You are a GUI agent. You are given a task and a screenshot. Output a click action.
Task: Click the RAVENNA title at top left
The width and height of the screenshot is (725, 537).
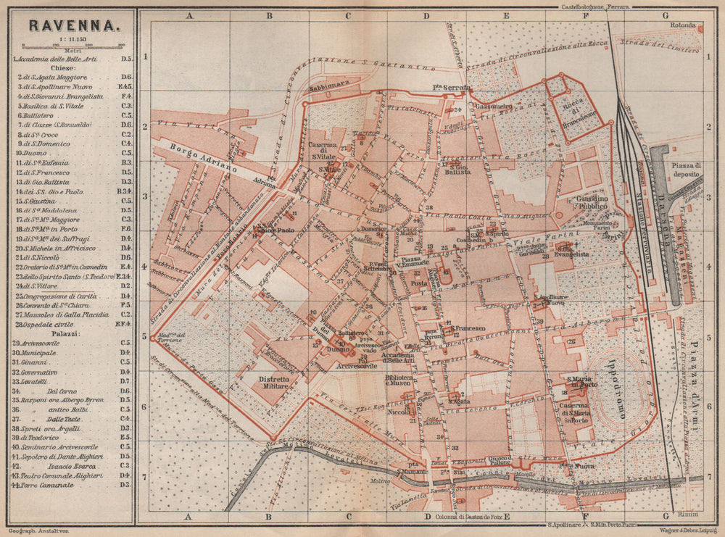73,26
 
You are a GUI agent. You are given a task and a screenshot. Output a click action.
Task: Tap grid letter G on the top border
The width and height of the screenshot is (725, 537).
664,14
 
